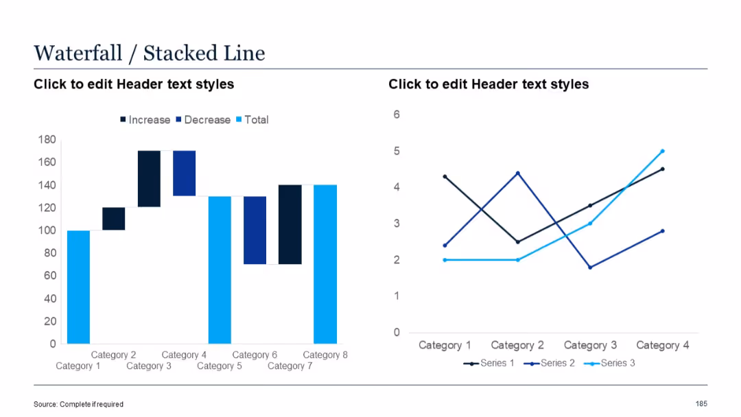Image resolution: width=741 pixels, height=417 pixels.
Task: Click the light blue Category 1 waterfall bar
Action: tap(78, 287)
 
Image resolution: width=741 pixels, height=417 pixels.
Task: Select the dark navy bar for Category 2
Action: tap(114, 219)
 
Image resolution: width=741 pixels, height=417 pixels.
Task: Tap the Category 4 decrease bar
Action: tap(184, 174)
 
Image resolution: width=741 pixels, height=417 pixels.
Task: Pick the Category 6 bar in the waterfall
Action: tap(255, 230)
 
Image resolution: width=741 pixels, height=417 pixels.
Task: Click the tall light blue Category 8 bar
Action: tap(325, 264)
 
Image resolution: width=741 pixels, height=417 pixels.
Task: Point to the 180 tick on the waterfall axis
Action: tap(47, 139)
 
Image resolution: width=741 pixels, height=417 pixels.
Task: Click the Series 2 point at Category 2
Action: tap(518, 173)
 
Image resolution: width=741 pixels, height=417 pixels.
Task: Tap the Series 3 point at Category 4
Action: tap(662, 151)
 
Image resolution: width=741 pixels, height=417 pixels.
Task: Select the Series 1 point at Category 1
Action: tap(445, 177)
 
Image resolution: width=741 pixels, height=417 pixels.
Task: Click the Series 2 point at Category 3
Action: tap(590, 267)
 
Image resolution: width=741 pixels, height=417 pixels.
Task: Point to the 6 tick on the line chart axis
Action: tap(397, 115)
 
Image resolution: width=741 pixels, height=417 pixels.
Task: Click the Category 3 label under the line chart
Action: tap(590, 345)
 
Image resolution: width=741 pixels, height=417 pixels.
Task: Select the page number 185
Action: tap(701, 404)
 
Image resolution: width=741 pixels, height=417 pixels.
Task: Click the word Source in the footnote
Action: tap(45, 405)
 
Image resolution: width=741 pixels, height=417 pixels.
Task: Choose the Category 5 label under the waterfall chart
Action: tap(220, 366)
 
